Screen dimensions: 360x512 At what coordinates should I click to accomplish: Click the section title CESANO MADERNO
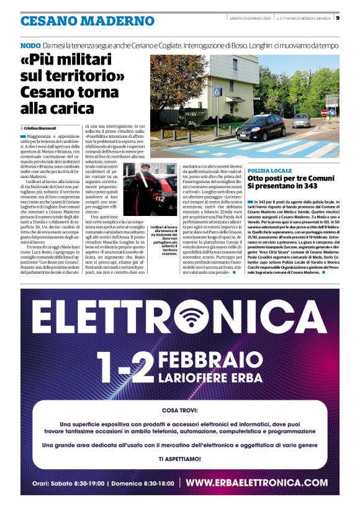87,21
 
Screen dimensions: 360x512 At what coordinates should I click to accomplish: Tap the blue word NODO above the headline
30,46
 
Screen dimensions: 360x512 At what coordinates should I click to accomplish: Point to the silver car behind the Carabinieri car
301,120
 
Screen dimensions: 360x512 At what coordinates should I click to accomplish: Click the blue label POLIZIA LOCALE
269,170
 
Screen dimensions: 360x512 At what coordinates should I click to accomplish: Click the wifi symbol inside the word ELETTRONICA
191,318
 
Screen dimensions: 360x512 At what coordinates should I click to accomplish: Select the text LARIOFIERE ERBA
219,378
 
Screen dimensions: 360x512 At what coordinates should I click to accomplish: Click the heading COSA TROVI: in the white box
180,411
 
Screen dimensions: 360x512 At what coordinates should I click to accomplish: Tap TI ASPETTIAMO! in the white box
179,459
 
